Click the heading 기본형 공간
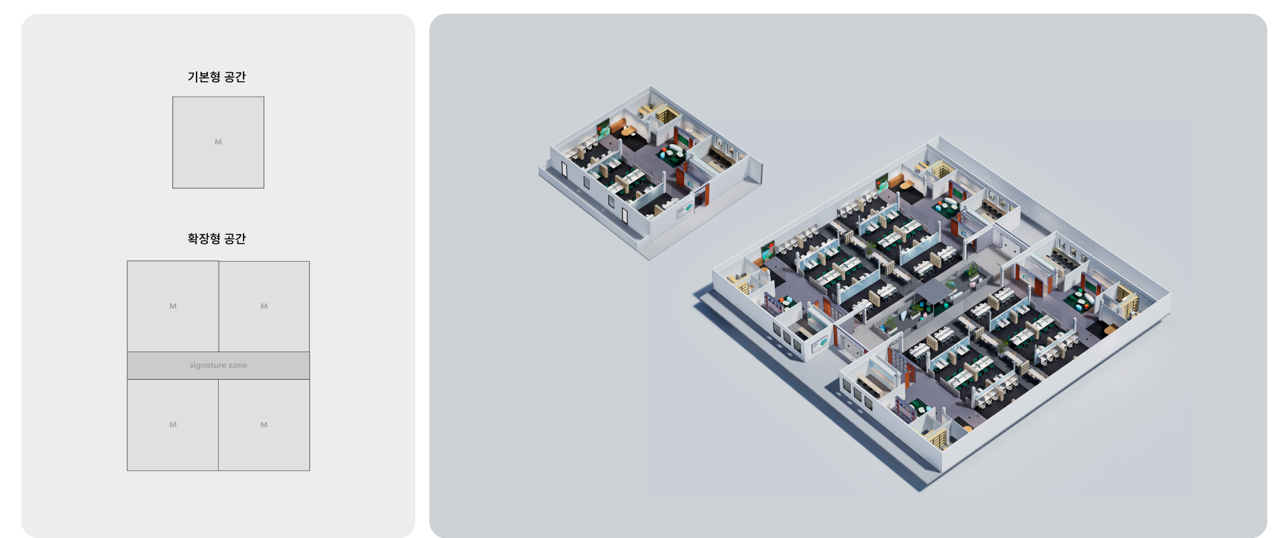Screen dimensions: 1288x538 tap(217, 77)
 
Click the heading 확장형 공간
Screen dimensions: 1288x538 tap(217, 239)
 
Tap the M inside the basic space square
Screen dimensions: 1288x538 tap(218, 142)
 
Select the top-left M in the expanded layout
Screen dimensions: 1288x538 tap(173, 307)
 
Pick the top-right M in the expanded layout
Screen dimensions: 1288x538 tap(264, 307)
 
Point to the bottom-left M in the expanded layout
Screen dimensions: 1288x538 tap(173, 425)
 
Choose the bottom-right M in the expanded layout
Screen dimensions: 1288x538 tap(264, 425)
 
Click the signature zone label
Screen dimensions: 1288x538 tap(218, 366)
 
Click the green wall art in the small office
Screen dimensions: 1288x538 tap(604, 128)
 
